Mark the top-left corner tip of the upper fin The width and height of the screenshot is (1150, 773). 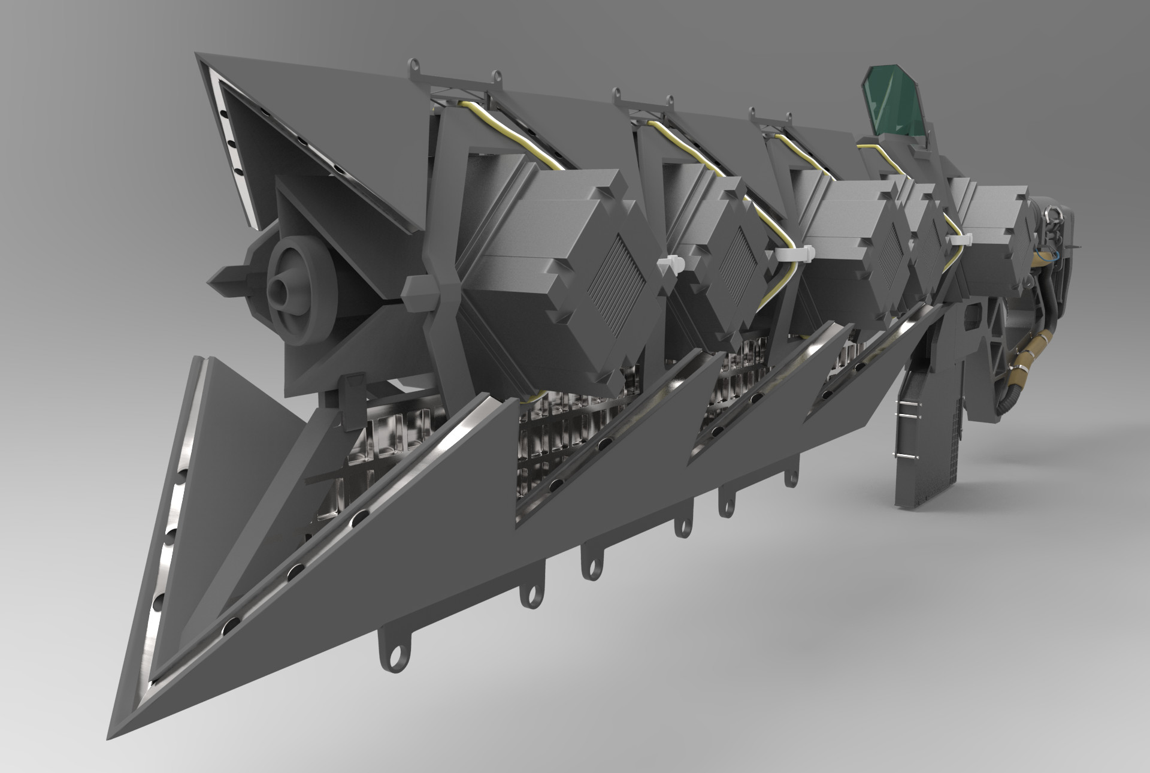[198, 55]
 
